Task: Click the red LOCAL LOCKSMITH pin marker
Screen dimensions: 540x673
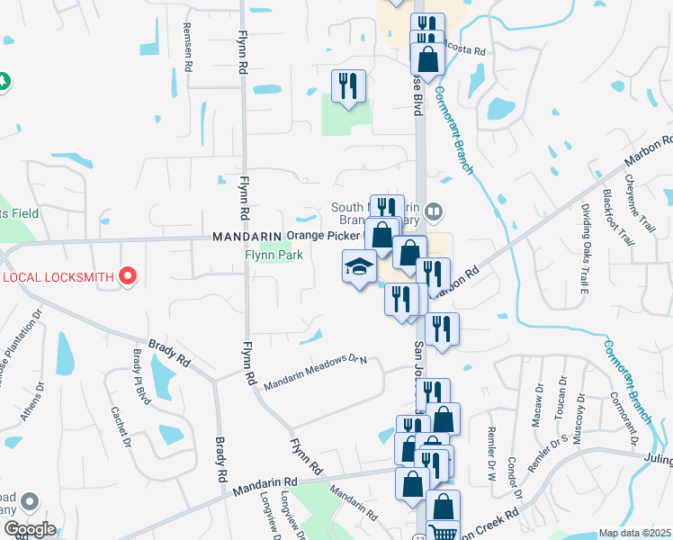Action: (x=128, y=275)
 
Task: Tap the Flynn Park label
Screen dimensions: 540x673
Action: (x=274, y=256)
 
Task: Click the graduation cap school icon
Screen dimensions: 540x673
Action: (x=359, y=266)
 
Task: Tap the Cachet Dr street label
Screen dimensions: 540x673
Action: (x=121, y=427)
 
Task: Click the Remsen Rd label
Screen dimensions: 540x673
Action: (x=188, y=47)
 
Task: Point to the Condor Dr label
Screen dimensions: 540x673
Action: (x=515, y=478)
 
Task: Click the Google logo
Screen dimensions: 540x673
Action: (x=29, y=529)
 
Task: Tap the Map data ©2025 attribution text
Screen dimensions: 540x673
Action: (x=634, y=533)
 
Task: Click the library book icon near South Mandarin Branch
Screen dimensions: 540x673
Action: (x=435, y=212)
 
